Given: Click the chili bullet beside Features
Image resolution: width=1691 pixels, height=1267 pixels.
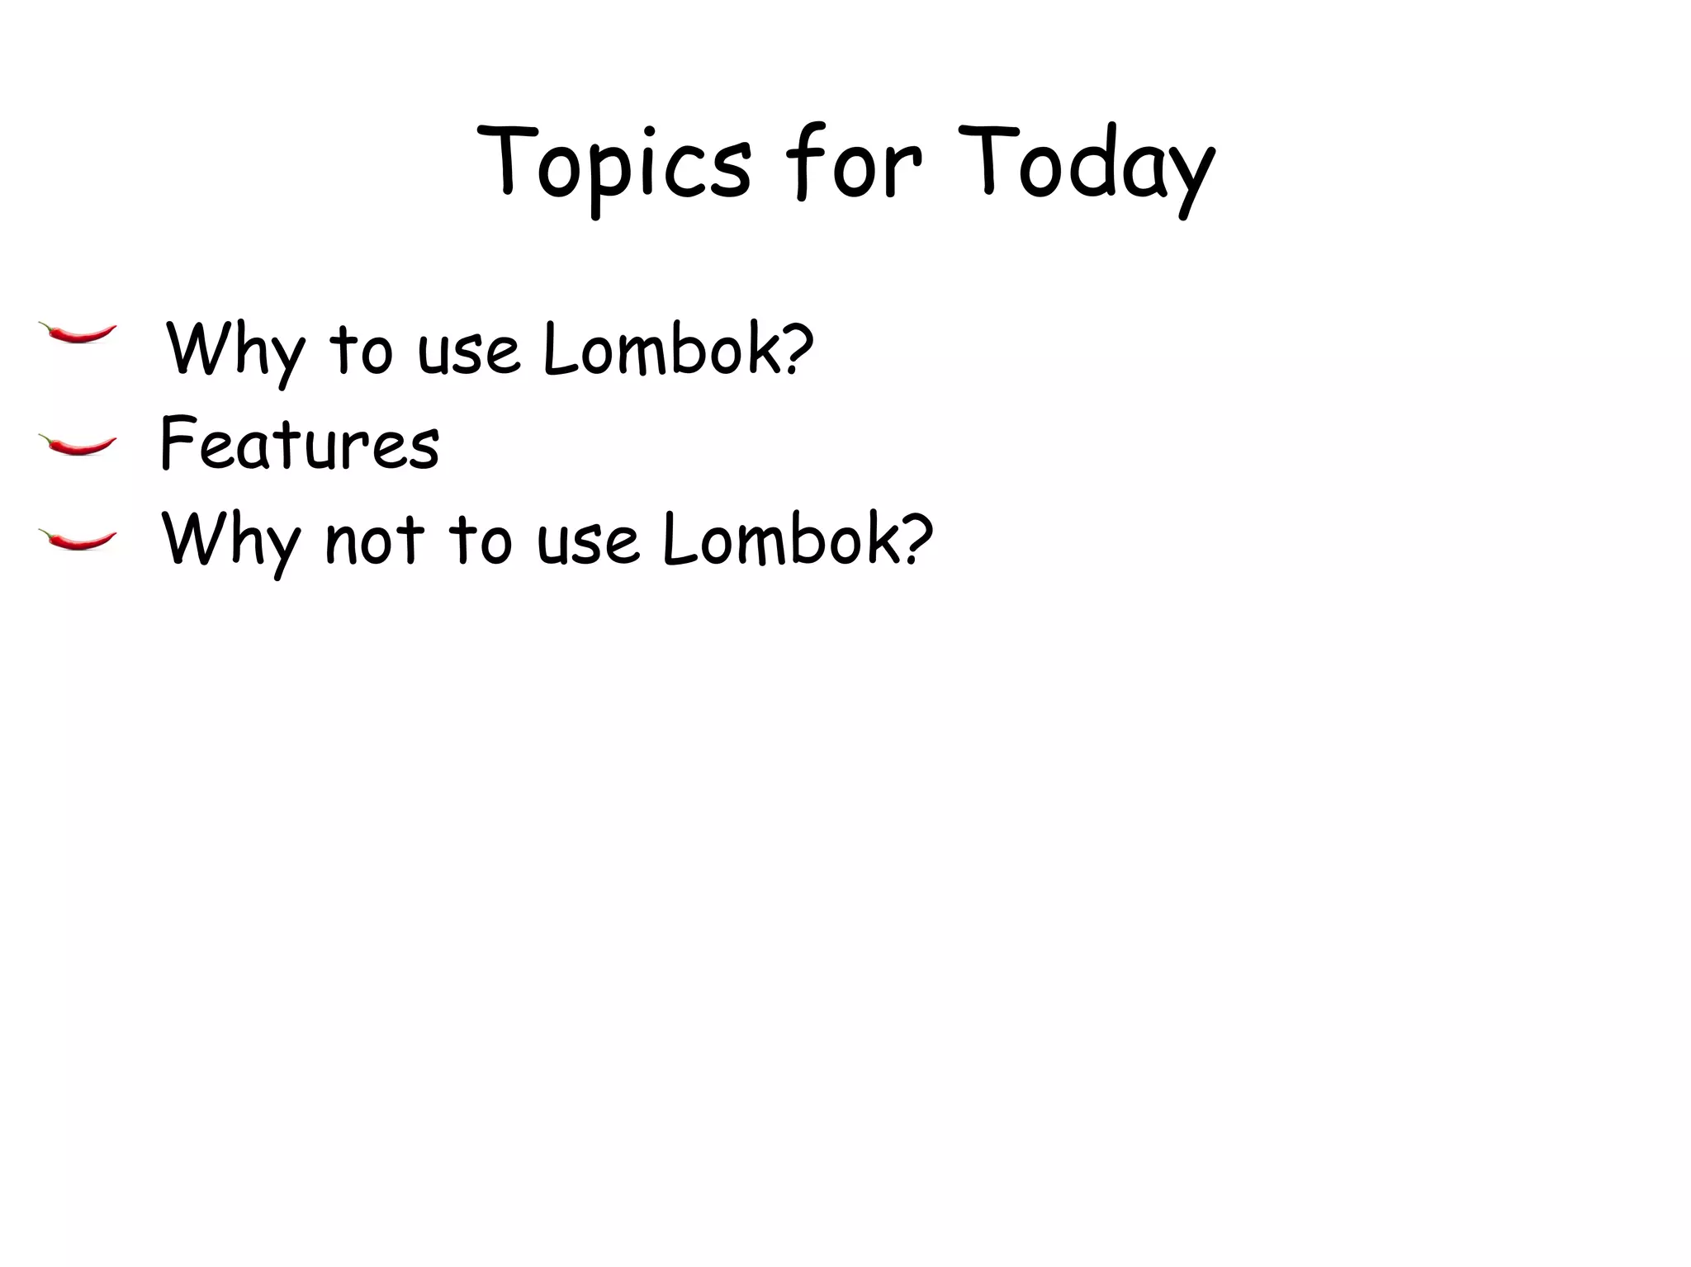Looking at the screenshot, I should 78,446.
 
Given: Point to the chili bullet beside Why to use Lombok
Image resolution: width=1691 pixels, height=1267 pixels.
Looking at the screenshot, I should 78,333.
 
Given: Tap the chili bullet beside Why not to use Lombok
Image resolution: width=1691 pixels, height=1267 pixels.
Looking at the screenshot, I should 78,540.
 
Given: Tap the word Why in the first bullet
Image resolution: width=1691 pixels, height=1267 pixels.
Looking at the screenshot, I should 234,352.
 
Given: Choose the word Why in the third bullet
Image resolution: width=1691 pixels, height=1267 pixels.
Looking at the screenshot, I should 230,541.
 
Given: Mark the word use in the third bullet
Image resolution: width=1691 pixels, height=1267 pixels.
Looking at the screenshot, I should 587,541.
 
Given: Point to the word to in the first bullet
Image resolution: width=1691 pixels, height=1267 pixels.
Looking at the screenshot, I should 361,351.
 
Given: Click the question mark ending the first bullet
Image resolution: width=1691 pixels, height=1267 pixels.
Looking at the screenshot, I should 796,347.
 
